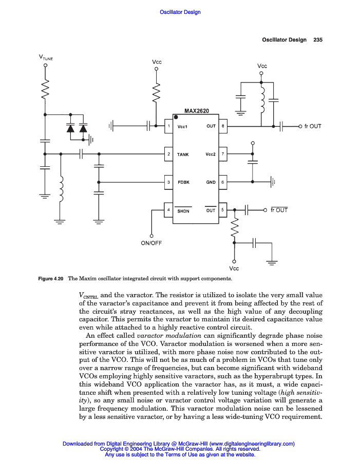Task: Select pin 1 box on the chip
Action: point(167,126)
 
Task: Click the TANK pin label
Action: point(183,154)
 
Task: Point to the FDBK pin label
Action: point(184,182)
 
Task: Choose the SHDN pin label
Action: point(184,210)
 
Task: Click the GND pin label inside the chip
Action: point(211,182)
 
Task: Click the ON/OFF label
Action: point(151,243)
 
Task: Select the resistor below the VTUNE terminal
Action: point(46,91)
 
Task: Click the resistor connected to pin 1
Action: point(156,92)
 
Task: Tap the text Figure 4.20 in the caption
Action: point(50,279)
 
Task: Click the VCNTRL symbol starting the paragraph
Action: point(88,296)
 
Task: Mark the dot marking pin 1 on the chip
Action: point(176,118)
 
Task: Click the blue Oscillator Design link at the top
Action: point(180,12)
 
